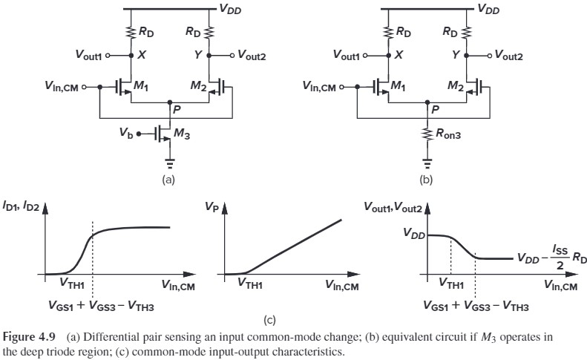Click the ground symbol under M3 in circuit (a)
170,164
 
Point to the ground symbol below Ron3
427,164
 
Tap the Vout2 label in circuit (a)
258,55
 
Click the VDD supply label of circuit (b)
488,10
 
